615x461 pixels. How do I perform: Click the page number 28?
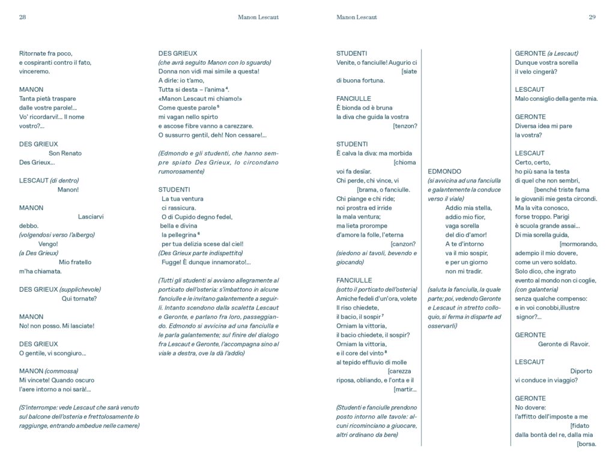[22, 17]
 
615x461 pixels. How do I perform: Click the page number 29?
[592, 17]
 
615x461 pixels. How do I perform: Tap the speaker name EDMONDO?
[444, 171]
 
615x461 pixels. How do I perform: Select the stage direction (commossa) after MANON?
[61, 371]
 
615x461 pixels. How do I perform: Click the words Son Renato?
[65, 153]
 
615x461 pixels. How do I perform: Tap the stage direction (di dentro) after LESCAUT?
[64, 180]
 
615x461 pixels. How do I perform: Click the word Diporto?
[581, 371]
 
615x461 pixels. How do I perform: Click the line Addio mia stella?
[468, 208]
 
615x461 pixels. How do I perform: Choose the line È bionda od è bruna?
[364, 107]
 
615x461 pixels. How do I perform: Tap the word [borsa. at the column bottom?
[586, 444]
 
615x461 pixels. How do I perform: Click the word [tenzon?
[405, 126]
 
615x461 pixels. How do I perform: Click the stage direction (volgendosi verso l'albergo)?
[56, 235]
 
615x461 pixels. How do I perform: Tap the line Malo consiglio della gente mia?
[556, 98]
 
